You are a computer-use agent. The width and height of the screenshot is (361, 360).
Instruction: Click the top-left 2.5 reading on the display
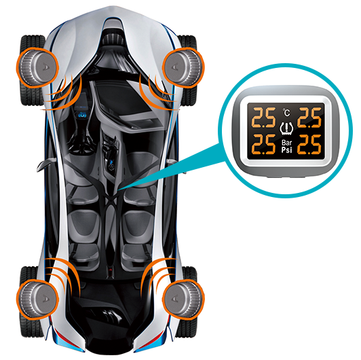click(x=263, y=118)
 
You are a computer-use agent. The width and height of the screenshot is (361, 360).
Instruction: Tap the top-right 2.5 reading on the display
click(x=309, y=118)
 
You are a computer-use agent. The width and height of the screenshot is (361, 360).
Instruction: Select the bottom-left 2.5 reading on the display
click(x=263, y=144)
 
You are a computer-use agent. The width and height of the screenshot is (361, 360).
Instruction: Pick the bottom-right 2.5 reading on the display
click(x=309, y=144)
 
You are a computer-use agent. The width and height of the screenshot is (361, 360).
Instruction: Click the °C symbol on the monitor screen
click(x=286, y=113)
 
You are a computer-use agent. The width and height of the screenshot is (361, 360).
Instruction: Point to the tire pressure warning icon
click(x=286, y=128)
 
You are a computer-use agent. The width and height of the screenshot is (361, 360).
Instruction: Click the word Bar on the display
click(x=286, y=143)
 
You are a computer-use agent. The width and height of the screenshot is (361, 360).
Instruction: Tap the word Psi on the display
click(x=286, y=150)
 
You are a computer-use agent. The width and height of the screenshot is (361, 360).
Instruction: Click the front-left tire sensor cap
click(x=37, y=68)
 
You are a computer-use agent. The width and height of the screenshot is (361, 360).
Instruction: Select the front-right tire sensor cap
click(x=183, y=68)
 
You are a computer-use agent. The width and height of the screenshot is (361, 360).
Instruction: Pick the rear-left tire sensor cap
click(x=37, y=299)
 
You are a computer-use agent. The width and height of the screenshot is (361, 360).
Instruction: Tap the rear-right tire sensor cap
click(x=183, y=299)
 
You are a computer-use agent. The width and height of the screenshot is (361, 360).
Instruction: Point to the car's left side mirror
click(x=46, y=164)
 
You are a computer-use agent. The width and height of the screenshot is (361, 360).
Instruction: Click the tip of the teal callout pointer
click(x=118, y=190)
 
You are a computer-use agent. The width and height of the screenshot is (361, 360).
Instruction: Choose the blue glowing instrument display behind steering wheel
click(x=82, y=115)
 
